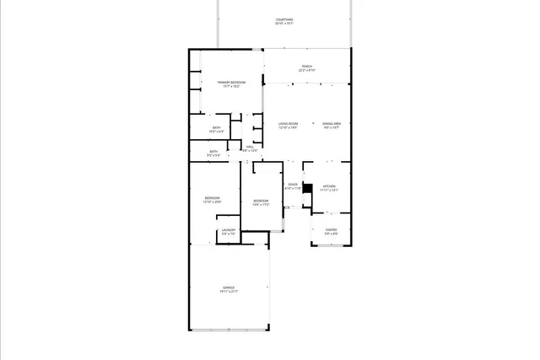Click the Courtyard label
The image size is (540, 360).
tap(284, 19)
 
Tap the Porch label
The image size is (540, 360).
tap(307, 66)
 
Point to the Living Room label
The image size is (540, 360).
tap(289, 124)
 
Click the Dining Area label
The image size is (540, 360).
tap(332, 124)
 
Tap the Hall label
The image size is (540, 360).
tap(251, 147)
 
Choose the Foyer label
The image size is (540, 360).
tap(293, 185)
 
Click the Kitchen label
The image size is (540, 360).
tap(329, 185)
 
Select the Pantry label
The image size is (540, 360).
tap(331, 229)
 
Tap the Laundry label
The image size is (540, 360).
tap(228, 230)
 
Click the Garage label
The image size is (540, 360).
tap(229, 287)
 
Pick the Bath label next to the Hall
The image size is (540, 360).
tap(213, 152)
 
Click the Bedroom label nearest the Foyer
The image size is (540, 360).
tap(261, 200)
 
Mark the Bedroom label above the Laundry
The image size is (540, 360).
tap(212, 197)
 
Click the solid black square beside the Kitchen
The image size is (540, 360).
tap(308, 190)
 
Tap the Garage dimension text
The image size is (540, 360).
tap(229, 292)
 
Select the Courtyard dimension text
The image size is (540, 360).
tap(284, 24)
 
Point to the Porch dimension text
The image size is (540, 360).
tap(307, 70)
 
